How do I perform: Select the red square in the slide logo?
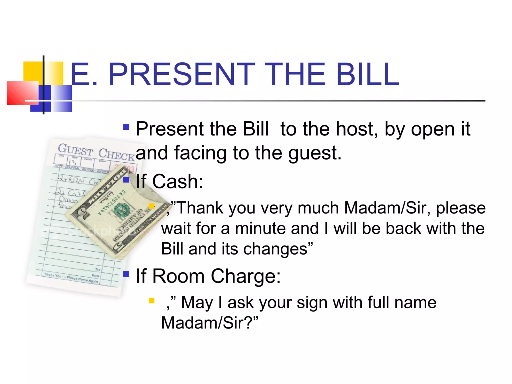pyautogui.click(x=22, y=92)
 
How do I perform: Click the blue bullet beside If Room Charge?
pyautogui.click(x=126, y=274)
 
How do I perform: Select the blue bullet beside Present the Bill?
pyautogui.click(x=126, y=127)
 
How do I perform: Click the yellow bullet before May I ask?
pyautogui.click(x=151, y=300)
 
